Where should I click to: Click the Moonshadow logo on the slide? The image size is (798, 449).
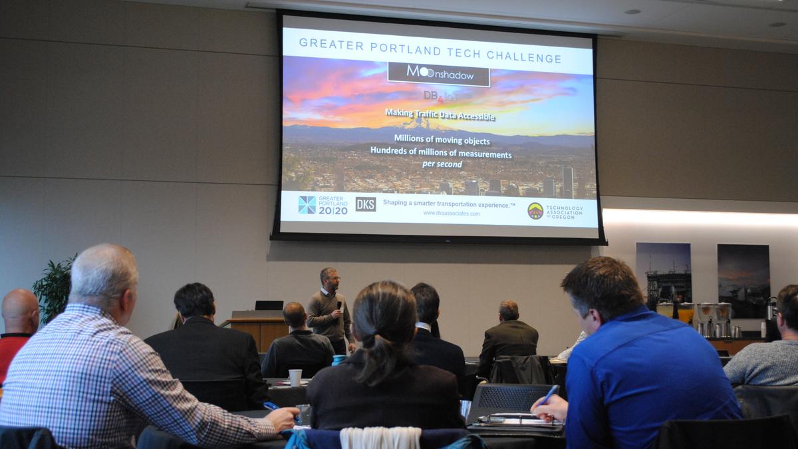pos(439,74)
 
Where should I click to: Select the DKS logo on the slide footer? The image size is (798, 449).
pos(365,204)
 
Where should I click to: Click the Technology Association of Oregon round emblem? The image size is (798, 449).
pos(535,211)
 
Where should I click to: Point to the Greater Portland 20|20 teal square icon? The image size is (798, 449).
pos(307,204)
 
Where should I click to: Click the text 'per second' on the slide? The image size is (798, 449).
pos(442,164)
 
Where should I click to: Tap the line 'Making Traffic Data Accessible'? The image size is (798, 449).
pos(440,114)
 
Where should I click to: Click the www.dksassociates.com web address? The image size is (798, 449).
pos(452,214)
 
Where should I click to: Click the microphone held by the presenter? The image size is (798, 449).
pos(338,305)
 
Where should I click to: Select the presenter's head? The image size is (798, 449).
pos(329,277)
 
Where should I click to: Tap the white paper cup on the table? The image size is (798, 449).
pos(295,377)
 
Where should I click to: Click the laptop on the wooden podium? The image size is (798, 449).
pos(269,305)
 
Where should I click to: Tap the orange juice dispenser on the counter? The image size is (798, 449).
pos(685,313)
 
